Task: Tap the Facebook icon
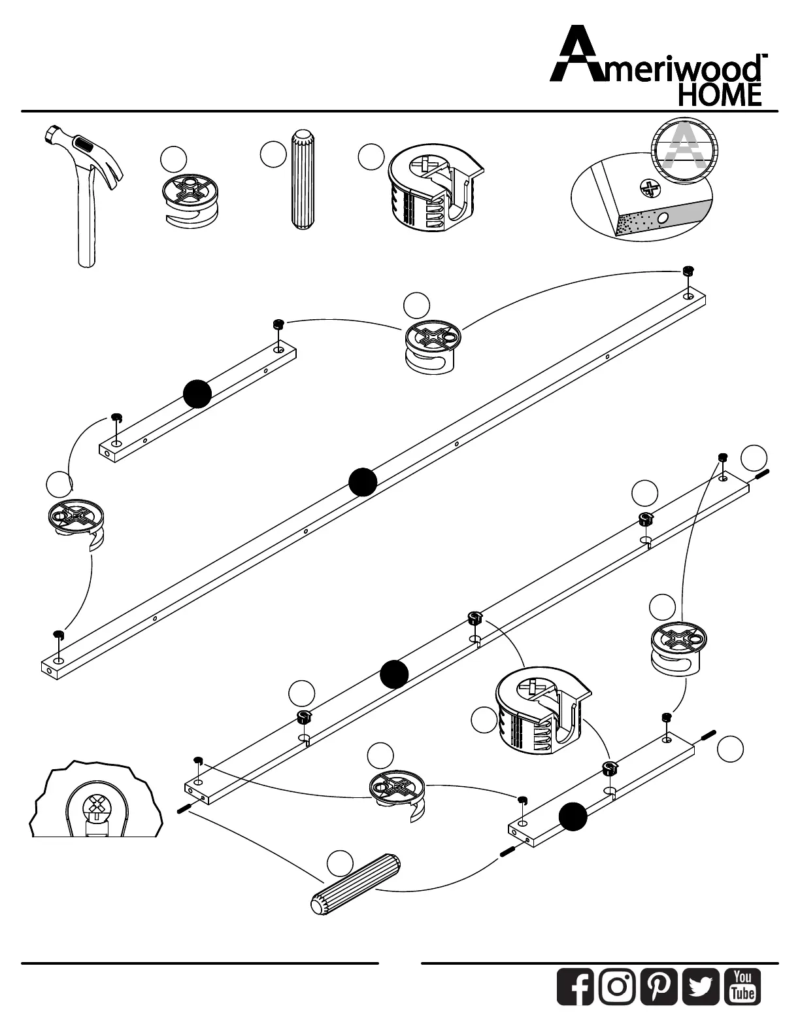[x=575, y=986]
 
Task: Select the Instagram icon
[x=617, y=986]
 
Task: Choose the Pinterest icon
[x=659, y=986]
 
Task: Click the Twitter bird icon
[x=701, y=986]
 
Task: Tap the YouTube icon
[x=742, y=986]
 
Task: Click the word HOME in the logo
[x=720, y=95]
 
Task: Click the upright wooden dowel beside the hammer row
[x=301, y=179]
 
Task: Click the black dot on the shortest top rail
[x=197, y=392]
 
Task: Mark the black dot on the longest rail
[x=363, y=482]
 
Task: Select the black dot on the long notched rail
[x=394, y=674]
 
